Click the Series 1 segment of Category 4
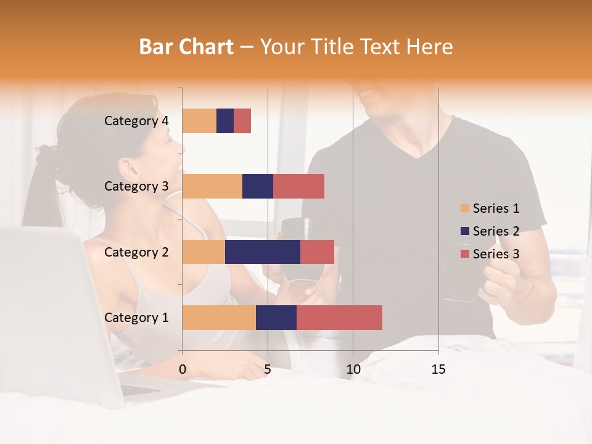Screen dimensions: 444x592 pyautogui.click(x=199, y=121)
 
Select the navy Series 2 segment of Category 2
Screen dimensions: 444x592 pyautogui.click(x=262, y=252)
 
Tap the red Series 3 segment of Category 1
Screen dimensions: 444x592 pyautogui.click(x=339, y=318)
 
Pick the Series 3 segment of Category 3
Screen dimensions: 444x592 pyautogui.click(x=298, y=186)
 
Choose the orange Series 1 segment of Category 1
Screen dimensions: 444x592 pyautogui.click(x=219, y=318)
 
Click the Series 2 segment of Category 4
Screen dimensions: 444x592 pyautogui.click(x=225, y=121)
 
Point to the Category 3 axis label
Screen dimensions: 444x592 pyautogui.click(x=136, y=186)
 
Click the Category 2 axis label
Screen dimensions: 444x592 pyautogui.click(x=136, y=252)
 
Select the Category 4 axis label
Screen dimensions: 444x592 pyautogui.click(x=136, y=121)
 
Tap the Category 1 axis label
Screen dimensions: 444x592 pyautogui.click(x=136, y=318)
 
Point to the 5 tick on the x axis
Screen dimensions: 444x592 pyautogui.click(x=268, y=369)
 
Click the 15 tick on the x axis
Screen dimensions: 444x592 pyautogui.click(x=438, y=369)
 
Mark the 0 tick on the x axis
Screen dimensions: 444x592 pyautogui.click(x=183, y=369)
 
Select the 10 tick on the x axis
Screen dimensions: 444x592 pyautogui.click(x=353, y=369)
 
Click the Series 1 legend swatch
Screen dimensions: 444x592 pyautogui.click(x=464, y=208)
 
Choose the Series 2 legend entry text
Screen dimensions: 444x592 pyautogui.click(x=496, y=231)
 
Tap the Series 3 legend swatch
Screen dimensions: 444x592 pyautogui.click(x=464, y=254)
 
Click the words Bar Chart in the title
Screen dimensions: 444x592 pyautogui.click(x=186, y=47)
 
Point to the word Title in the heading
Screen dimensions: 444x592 pyautogui.click(x=335, y=47)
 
